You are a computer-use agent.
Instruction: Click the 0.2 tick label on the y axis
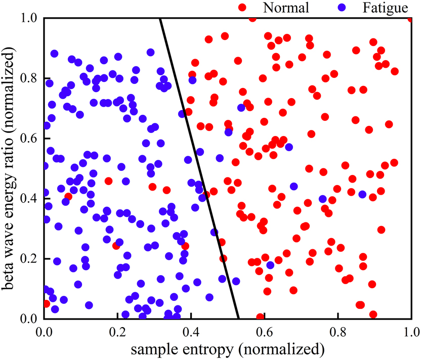(31, 259)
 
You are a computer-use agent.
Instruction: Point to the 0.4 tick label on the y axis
(31, 199)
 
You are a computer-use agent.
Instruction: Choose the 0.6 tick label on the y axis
(31, 139)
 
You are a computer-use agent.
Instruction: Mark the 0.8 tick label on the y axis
(31, 78)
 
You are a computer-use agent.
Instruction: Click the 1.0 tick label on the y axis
(31, 19)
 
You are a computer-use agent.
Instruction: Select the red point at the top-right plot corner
(410, 19)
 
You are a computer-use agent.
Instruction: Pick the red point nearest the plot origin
(46, 304)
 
